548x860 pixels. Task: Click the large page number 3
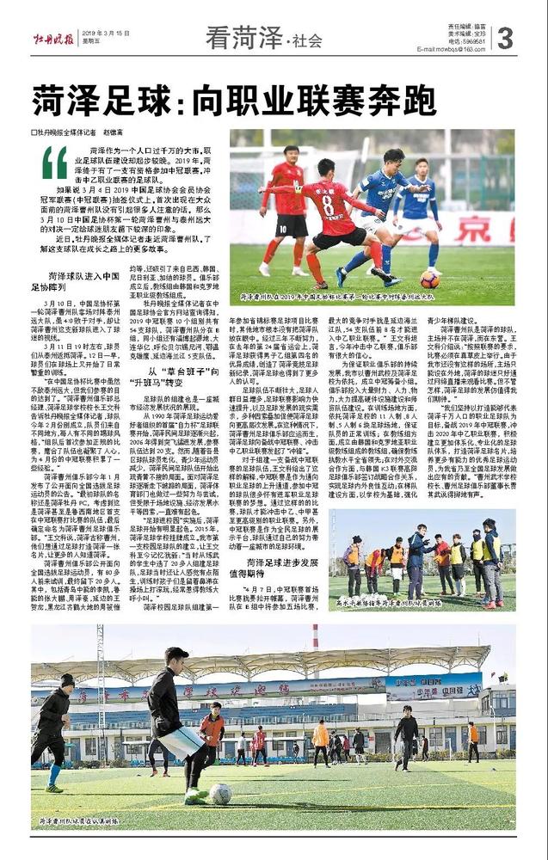point(505,38)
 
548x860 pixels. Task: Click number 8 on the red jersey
point(328,205)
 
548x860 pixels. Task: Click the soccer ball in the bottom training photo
point(220,793)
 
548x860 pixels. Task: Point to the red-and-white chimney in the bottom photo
point(316,640)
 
